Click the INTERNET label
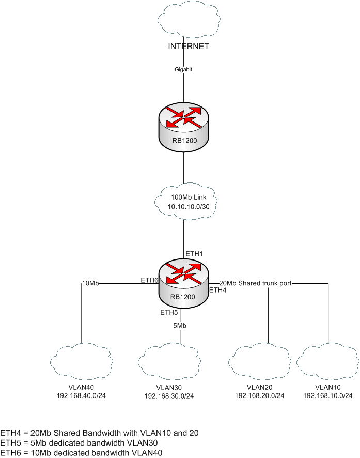point(189,47)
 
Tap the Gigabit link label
point(185,69)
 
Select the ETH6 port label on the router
point(149,280)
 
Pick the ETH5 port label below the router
point(169,313)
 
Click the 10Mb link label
point(91,283)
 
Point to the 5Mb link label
point(180,326)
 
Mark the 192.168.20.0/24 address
point(259,395)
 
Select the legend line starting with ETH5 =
point(79,442)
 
